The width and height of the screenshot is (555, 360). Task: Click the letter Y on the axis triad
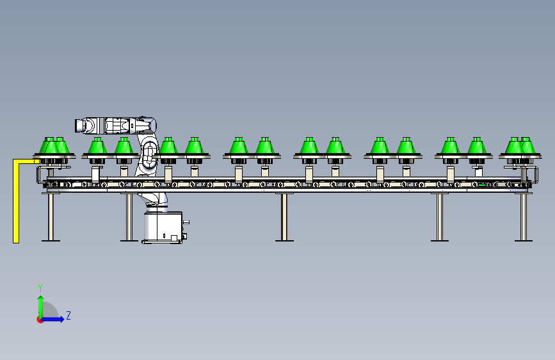click(x=40, y=288)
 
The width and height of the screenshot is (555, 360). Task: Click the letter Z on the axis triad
click(x=68, y=316)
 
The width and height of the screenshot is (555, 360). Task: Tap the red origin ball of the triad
click(x=40, y=319)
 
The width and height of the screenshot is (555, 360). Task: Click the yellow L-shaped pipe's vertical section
click(x=15, y=202)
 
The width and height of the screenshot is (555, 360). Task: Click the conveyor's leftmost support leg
click(x=51, y=216)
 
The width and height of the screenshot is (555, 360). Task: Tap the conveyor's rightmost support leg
click(x=523, y=216)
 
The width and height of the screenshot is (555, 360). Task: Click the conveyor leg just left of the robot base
click(x=129, y=216)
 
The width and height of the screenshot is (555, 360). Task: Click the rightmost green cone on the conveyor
click(x=526, y=147)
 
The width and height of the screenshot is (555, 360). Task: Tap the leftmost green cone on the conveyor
click(x=47, y=147)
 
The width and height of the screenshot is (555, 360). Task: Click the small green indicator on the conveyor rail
click(x=481, y=186)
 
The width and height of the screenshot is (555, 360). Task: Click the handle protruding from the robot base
click(x=186, y=223)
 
